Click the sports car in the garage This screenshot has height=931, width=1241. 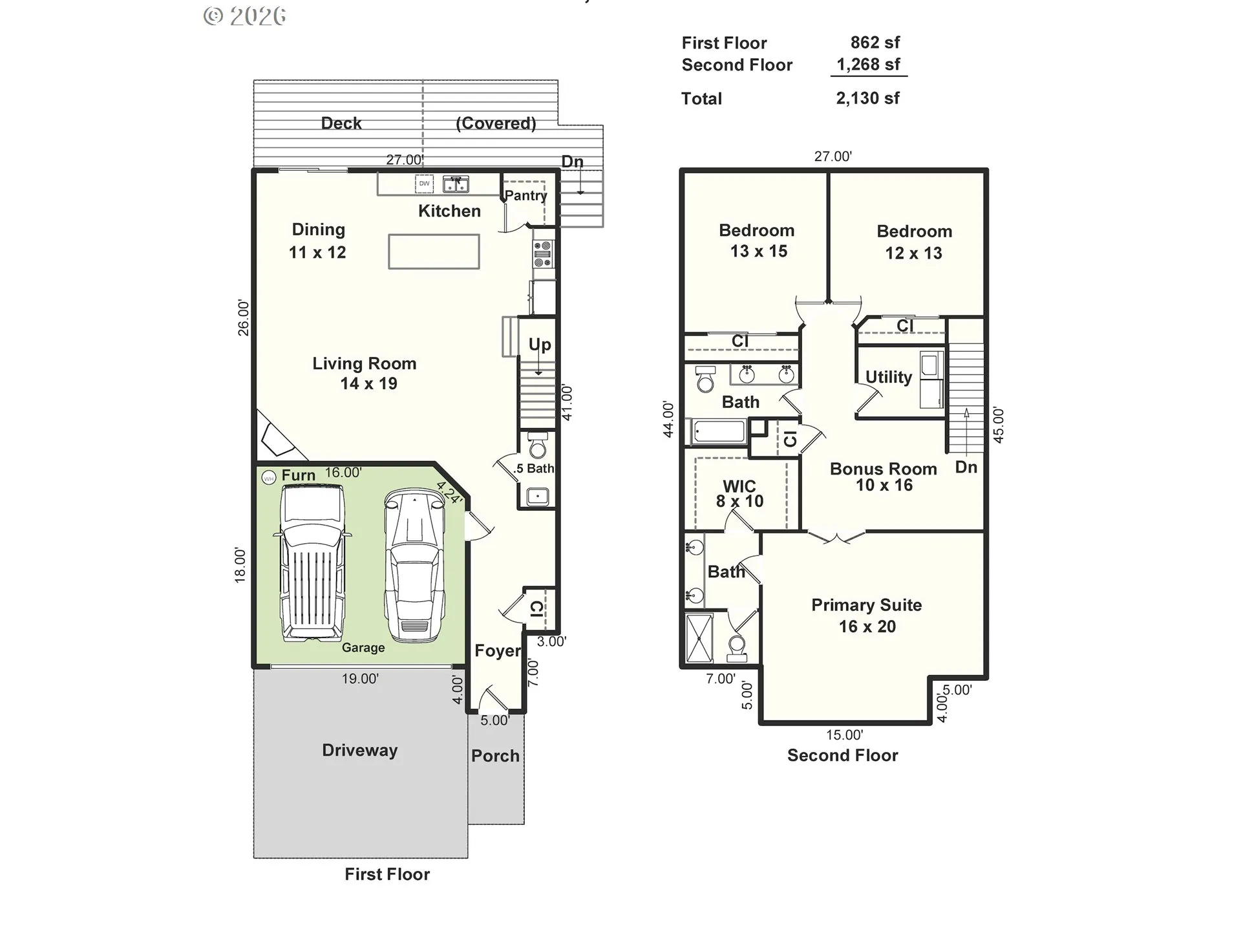[414, 566]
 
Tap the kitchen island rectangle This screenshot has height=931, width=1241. [434, 251]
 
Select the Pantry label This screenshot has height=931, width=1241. [525, 195]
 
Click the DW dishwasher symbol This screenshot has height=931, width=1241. [424, 184]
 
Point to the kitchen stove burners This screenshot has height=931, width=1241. [542, 254]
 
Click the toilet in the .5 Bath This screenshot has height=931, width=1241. [538, 446]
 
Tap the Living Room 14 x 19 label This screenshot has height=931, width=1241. [365, 373]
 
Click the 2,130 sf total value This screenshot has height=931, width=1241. [867, 98]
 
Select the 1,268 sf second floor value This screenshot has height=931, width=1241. [868, 65]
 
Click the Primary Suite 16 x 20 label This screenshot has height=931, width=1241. [867, 615]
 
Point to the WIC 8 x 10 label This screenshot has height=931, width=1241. [739, 493]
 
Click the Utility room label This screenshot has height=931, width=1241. [888, 377]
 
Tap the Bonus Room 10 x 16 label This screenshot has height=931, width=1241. [884, 476]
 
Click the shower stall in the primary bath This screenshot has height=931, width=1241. [699, 637]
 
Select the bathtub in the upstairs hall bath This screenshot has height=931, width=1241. [719, 431]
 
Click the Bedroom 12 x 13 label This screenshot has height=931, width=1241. [914, 242]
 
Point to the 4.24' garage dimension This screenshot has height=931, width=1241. [449, 493]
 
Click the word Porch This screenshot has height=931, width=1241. [495, 756]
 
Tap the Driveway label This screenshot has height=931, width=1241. [360, 750]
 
